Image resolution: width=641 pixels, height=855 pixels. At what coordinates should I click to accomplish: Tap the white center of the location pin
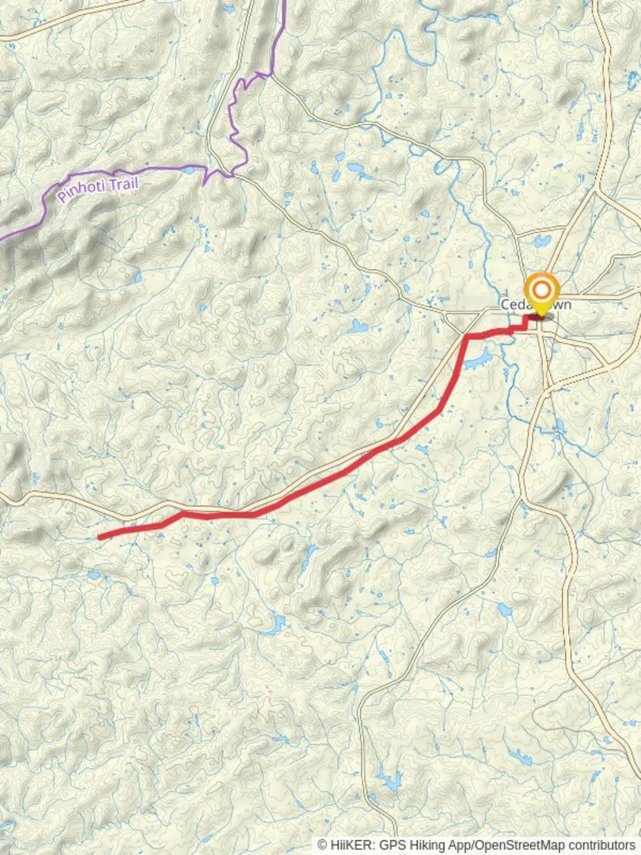pos(542,289)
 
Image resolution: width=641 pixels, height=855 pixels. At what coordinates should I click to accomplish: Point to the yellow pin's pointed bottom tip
pos(542,315)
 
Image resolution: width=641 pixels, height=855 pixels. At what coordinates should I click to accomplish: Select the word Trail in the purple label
pos(125,184)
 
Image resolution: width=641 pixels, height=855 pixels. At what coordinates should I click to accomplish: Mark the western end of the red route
pos(100,538)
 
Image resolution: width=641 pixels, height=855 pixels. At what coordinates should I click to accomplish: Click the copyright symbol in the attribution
pos(322,845)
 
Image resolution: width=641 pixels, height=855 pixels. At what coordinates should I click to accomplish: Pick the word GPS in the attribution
pos(386,845)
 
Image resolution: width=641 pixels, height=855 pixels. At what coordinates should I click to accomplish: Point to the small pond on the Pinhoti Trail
pos(190,169)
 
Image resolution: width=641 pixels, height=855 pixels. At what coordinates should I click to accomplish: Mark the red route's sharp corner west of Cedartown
pos(468,337)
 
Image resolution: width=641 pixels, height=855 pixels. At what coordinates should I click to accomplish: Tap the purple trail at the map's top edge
pos(283,4)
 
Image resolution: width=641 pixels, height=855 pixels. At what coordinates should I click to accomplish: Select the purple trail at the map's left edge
pos(3,237)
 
